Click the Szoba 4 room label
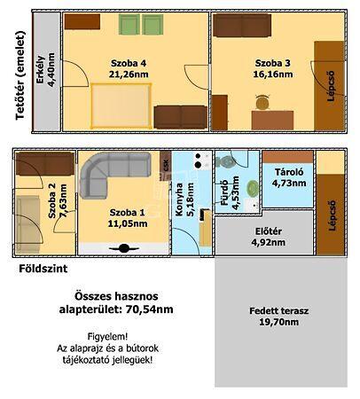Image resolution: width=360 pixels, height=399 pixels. pyautogui.click(x=129, y=63)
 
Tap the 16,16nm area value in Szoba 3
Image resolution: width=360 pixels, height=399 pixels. pyautogui.click(x=273, y=74)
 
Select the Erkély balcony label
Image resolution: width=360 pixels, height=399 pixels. pyautogui.click(x=41, y=70)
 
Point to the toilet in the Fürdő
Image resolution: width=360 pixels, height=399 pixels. pyautogui.click(x=226, y=161)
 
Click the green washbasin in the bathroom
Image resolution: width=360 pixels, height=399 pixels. pyautogui.click(x=253, y=188)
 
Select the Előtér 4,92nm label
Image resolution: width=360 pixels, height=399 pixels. pyautogui.click(x=269, y=237)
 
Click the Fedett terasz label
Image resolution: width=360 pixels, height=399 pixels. pyautogui.click(x=278, y=310)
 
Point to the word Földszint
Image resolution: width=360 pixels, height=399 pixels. pyautogui.click(x=43, y=269)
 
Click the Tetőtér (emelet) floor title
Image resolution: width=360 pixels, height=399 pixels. pyautogui.click(x=20, y=75)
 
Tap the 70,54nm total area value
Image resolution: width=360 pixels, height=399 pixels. pyautogui.click(x=149, y=309)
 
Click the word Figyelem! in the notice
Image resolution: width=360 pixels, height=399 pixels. pyautogui.click(x=107, y=336)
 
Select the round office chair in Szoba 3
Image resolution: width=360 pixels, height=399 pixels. pyautogui.click(x=262, y=102)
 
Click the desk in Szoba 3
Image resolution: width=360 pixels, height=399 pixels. pyautogui.click(x=272, y=121)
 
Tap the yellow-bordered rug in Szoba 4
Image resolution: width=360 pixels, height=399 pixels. pyautogui.click(x=121, y=106)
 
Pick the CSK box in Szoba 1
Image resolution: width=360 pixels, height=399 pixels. pyautogui.click(x=166, y=166)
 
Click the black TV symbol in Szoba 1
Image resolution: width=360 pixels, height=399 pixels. pyautogui.click(x=124, y=248)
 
